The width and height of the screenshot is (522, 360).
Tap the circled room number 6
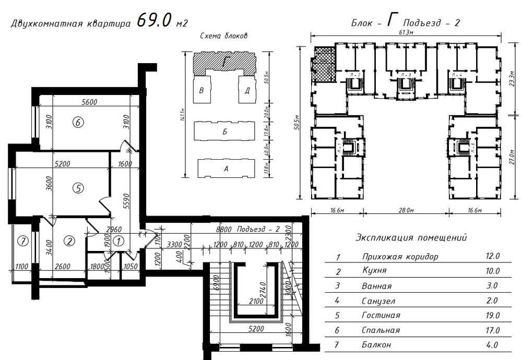pyautogui.click(x=78, y=123)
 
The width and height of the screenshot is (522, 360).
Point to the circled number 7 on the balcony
pyautogui.click(x=21, y=241)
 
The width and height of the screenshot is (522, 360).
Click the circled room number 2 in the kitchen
pyautogui.click(x=69, y=241)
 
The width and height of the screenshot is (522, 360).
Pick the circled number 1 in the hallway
pyautogui.click(x=118, y=241)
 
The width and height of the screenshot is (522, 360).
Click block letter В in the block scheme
pyautogui.click(x=201, y=90)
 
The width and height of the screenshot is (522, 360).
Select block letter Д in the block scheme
pyautogui.click(x=246, y=90)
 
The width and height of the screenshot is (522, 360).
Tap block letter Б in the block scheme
pyautogui.click(x=224, y=132)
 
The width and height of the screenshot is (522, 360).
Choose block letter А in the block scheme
pyautogui.click(x=226, y=169)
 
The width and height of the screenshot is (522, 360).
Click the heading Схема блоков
pyautogui.click(x=223, y=36)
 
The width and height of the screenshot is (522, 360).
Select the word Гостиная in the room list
pyautogui.click(x=381, y=316)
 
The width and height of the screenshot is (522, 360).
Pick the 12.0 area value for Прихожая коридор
pyautogui.click(x=493, y=257)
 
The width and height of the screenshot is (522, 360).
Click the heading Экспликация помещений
pyautogui.click(x=411, y=238)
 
